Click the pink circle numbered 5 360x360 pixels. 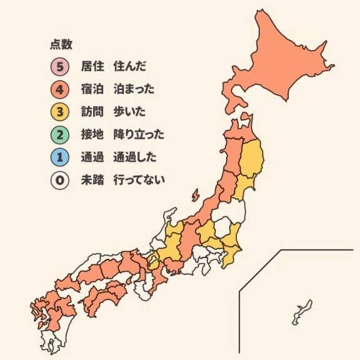click(x=61, y=66)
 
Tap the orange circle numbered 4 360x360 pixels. click(x=61, y=89)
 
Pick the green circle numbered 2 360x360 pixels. click(x=61, y=134)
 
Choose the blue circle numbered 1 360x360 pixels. click(x=61, y=157)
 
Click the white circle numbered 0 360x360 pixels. click(x=61, y=181)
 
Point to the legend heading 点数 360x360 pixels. click(x=61, y=44)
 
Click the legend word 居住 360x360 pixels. click(x=91, y=66)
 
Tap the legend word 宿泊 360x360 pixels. click(x=91, y=89)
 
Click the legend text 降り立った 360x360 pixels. click(x=139, y=134)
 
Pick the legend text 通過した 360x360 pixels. click(x=135, y=157)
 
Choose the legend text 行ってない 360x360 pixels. click(x=139, y=181)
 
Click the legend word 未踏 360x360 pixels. click(x=91, y=181)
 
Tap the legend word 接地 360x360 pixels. click(x=91, y=134)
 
